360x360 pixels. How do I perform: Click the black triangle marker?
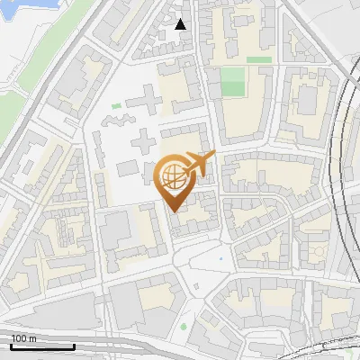click(x=181, y=24)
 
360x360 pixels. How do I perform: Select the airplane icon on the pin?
click(x=200, y=163)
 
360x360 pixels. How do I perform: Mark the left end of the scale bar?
click(x=11, y=346)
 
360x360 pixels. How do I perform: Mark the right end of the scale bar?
click(x=75, y=346)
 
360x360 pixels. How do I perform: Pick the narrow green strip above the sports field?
click(x=259, y=60)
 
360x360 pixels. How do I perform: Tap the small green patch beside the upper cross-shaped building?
click(x=116, y=106)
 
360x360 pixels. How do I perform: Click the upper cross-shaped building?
click(x=142, y=102)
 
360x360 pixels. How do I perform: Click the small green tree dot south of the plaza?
click(x=184, y=326)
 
